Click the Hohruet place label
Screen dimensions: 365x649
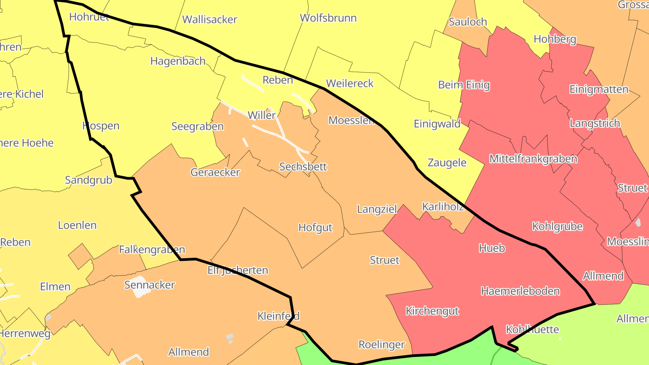point(89,17)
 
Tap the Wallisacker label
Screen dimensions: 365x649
point(210,20)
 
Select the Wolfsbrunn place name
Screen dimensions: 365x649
point(328,18)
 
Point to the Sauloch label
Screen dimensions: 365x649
point(468,22)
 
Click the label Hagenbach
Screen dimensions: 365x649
point(178,61)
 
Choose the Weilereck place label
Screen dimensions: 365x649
point(350,83)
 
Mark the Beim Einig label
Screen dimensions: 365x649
point(464,85)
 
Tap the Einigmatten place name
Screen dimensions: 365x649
point(599,89)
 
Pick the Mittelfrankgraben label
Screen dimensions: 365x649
point(533,159)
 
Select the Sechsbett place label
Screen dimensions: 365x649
point(303,167)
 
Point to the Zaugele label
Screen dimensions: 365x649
point(447,163)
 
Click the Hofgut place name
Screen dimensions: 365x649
point(315,228)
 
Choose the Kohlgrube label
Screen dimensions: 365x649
point(557,227)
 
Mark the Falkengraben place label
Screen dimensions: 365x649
point(152,250)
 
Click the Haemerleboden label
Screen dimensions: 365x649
point(520,291)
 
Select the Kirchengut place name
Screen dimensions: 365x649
point(432,311)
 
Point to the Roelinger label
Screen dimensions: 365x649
point(382,345)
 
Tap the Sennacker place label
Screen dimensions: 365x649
point(149,285)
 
